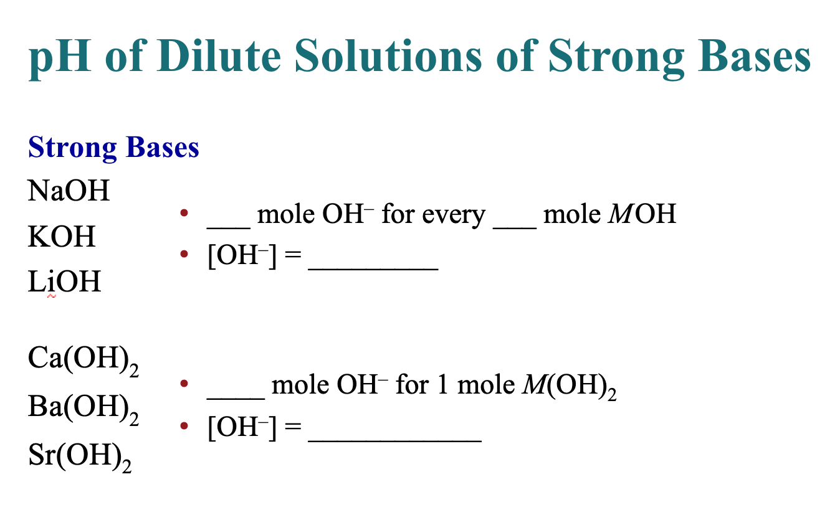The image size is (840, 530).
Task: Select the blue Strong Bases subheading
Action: pyautogui.click(x=114, y=148)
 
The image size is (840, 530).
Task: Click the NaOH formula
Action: pyautogui.click(x=69, y=191)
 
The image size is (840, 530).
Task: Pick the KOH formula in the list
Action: pyautogui.click(x=62, y=237)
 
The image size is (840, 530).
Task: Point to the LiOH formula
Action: pyautogui.click(x=64, y=282)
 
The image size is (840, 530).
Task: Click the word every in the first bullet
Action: pyautogui.click(x=453, y=215)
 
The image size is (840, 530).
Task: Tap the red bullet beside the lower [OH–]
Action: pyautogui.click(x=183, y=427)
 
